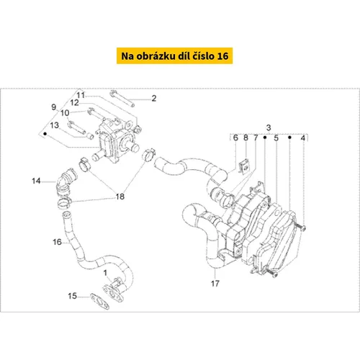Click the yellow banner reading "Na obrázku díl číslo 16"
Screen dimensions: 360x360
point(174,55)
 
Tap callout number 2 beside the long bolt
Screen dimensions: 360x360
point(154,98)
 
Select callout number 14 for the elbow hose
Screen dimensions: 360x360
point(36,181)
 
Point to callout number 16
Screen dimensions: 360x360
point(58,242)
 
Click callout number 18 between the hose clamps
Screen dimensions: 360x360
point(120,197)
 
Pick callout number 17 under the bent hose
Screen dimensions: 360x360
point(215,284)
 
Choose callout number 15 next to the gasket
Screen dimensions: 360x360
point(72,296)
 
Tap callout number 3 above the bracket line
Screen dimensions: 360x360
point(269,127)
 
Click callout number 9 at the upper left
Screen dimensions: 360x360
point(54,107)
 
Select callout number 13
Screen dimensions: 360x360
point(54,125)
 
